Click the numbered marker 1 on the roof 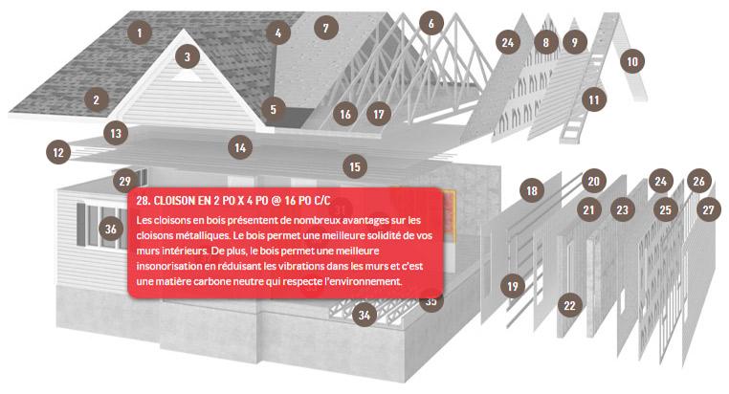coord(139,33)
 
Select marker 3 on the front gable coord(188,56)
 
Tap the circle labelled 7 coord(326,29)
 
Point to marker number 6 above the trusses coord(431,23)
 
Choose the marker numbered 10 coord(632,61)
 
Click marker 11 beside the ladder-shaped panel coord(594,99)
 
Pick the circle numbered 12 coord(58,152)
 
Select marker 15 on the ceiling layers coord(355,166)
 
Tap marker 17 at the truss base coord(379,115)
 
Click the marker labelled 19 coord(513,286)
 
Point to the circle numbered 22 coord(569,305)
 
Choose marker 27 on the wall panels coord(708,209)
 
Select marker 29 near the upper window coord(125,181)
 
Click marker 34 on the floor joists coord(364,316)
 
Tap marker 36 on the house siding coord(111,229)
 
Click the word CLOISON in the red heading coord(174,201)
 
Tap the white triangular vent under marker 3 coord(187,76)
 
